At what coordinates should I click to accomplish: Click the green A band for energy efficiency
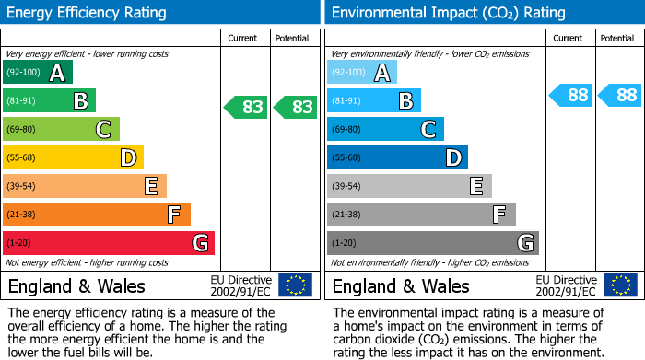click(x=38, y=73)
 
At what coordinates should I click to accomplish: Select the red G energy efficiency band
click(x=109, y=243)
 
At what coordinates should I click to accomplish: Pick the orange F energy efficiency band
click(x=97, y=215)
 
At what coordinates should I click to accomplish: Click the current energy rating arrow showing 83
click(x=246, y=107)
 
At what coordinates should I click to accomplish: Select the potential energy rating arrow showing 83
click(x=296, y=107)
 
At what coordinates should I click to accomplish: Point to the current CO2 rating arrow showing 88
click(x=571, y=95)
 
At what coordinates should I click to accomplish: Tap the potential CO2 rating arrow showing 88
click(x=620, y=95)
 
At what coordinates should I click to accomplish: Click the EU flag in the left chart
click(x=295, y=285)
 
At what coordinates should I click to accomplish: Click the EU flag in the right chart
click(x=620, y=285)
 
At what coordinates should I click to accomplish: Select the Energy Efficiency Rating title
click(x=88, y=13)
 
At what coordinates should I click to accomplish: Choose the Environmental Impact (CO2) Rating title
click(x=448, y=13)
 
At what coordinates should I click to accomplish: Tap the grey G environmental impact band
click(x=433, y=243)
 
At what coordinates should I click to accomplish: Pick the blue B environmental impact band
click(x=374, y=101)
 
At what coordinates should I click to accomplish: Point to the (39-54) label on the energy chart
click(x=23, y=187)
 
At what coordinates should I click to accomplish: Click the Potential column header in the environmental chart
click(x=616, y=38)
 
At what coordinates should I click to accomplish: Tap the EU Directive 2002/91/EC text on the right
click(x=567, y=285)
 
